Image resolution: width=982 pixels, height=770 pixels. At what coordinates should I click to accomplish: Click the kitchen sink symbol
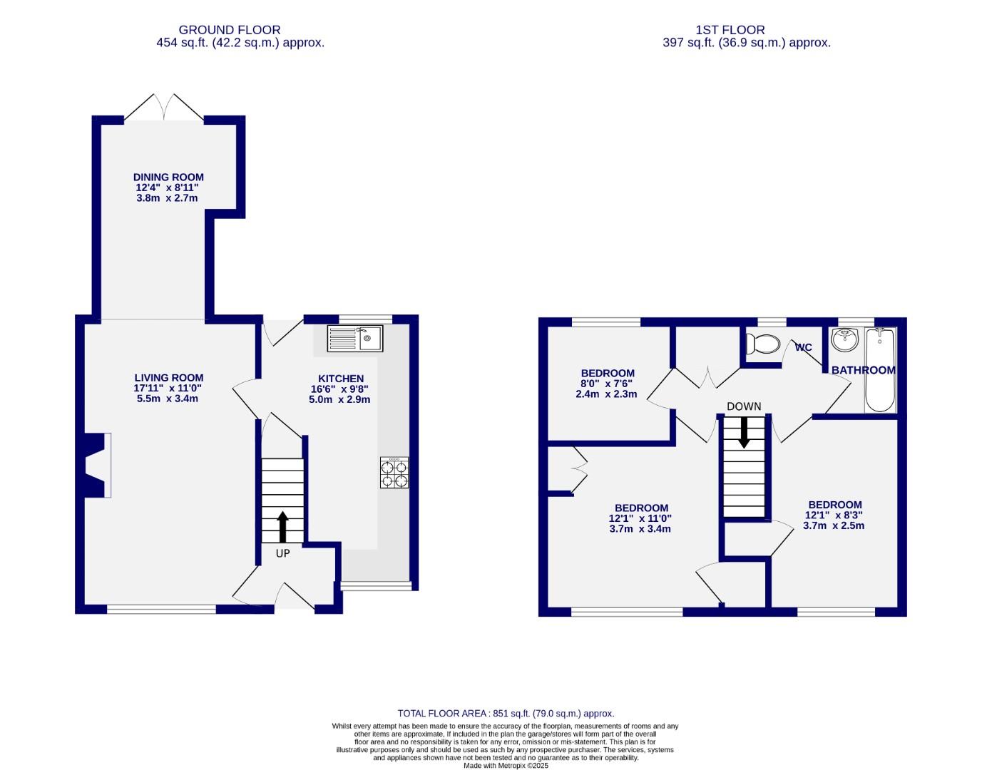pyautogui.click(x=355, y=338)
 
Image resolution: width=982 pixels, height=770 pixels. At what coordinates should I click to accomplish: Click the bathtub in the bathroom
pyautogui.click(x=880, y=370)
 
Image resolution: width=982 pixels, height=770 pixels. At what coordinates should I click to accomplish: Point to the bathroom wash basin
pyautogui.click(x=845, y=339)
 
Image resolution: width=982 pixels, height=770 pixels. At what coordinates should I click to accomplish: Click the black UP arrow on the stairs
pyautogui.click(x=282, y=526)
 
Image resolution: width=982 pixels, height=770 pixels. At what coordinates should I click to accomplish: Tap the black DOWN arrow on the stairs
pyautogui.click(x=744, y=432)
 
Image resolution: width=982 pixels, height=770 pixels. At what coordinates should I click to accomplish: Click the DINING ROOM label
pyautogui.click(x=168, y=178)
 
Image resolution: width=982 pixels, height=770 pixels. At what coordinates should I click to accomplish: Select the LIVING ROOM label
pyautogui.click(x=169, y=378)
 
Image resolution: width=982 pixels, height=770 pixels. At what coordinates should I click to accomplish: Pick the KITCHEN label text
pyautogui.click(x=341, y=379)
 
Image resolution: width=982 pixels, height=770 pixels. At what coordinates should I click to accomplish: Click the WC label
pyautogui.click(x=803, y=348)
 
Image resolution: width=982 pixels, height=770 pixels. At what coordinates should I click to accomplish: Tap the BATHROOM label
pyautogui.click(x=863, y=370)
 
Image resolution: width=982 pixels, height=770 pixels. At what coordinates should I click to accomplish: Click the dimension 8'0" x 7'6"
pyautogui.click(x=606, y=384)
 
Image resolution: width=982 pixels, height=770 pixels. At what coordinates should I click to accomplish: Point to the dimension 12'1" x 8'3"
pyautogui.click(x=834, y=515)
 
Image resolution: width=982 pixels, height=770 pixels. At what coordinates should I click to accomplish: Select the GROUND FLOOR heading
pyautogui.click(x=230, y=30)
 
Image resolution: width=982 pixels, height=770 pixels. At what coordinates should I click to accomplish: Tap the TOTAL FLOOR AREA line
pyautogui.click(x=506, y=713)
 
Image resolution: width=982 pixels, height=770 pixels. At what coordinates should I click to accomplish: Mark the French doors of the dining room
pyautogui.click(x=165, y=108)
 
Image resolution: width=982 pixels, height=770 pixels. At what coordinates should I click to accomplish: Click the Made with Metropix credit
pyautogui.click(x=506, y=766)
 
